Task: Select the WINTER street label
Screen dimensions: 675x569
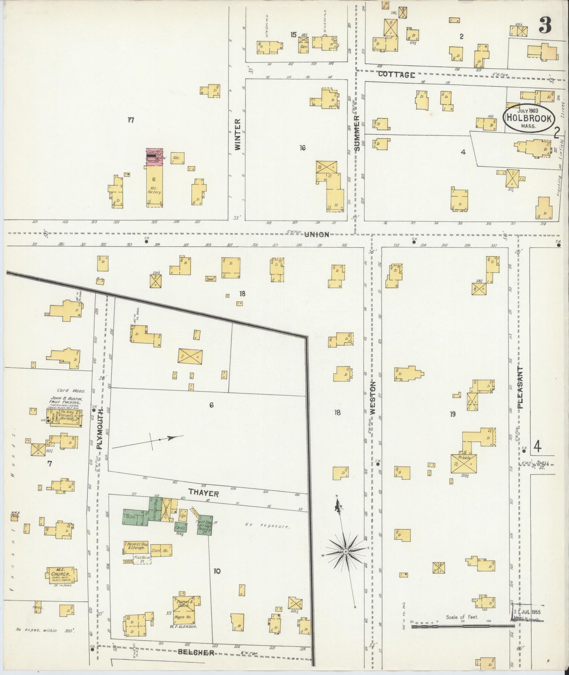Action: click(x=237, y=135)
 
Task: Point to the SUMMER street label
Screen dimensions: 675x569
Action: click(x=357, y=134)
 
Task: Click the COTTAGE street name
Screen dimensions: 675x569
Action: click(x=397, y=74)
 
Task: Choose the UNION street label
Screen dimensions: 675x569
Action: click(x=317, y=234)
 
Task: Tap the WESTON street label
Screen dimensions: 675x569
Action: click(x=373, y=397)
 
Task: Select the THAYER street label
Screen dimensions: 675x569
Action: click(x=203, y=492)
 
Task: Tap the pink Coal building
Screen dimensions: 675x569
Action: click(x=155, y=157)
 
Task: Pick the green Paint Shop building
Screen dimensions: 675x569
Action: click(x=205, y=525)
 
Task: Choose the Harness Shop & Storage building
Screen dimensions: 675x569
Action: click(x=136, y=546)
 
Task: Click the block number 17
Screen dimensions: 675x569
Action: click(x=131, y=120)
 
